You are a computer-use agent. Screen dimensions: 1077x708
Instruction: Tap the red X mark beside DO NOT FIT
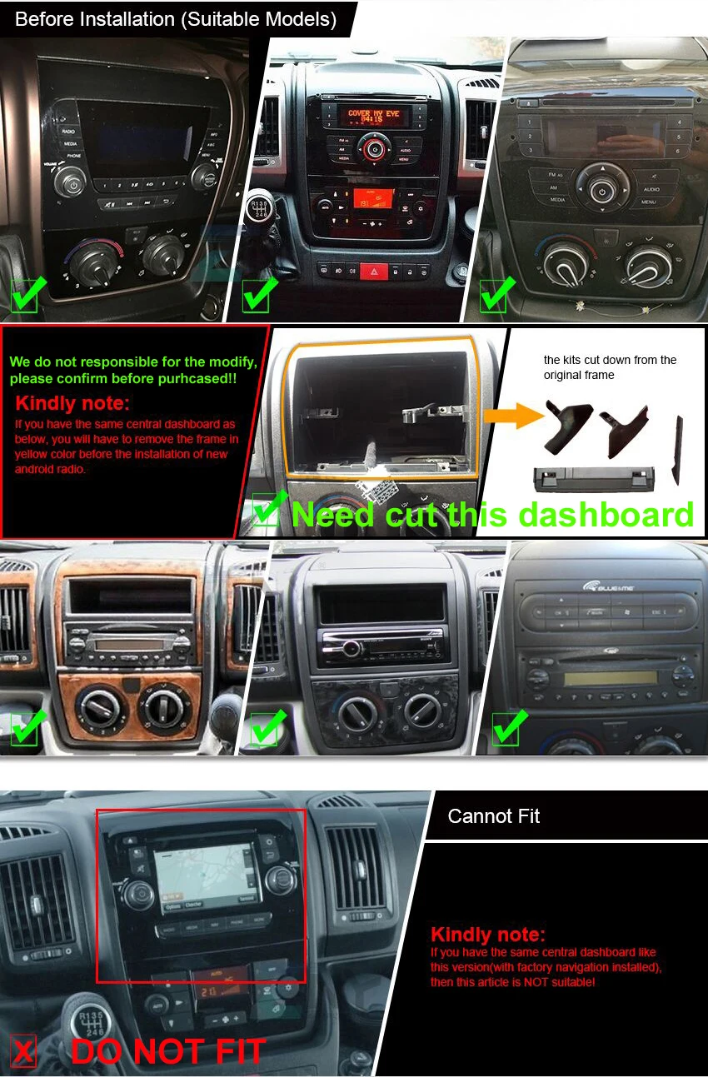point(24,1052)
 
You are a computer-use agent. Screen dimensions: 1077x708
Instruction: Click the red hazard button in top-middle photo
point(373,272)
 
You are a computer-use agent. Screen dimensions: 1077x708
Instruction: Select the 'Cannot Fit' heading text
point(493,816)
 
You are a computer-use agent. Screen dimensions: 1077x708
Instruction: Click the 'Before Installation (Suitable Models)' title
point(176,19)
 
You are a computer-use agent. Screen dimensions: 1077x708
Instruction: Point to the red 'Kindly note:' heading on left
point(72,404)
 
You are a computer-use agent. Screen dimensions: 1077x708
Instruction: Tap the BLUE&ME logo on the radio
point(608,586)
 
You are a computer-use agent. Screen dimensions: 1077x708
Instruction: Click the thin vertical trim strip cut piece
point(676,450)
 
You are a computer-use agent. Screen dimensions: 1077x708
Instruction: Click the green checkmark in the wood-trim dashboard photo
point(25,726)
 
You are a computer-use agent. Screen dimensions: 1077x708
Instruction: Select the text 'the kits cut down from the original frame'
point(610,367)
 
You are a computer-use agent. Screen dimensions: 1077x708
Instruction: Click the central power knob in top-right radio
point(601,191)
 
